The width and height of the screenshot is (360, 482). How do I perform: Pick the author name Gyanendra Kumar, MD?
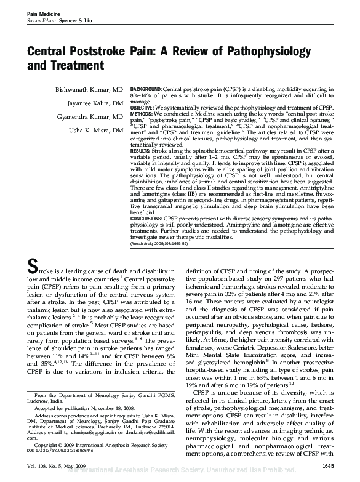(88, 117)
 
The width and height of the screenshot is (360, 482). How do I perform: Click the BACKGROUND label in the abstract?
(146, 89)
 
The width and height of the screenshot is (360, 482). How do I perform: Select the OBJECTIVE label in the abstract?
(143, 106)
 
